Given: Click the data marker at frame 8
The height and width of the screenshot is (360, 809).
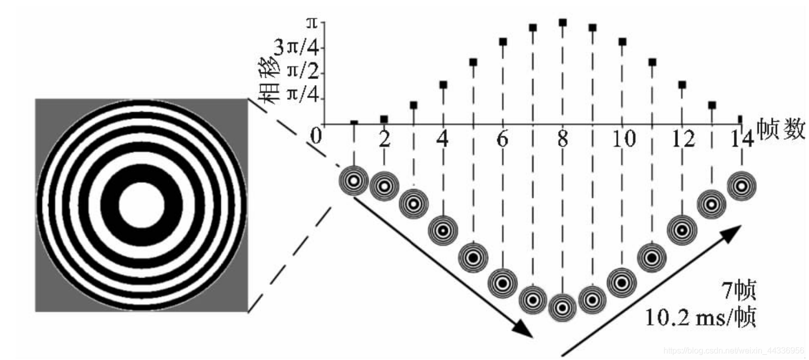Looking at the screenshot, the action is point(562,23).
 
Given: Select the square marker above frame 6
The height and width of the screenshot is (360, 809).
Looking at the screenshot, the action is point(503,42).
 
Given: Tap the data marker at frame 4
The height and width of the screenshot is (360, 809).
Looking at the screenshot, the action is point(443,85).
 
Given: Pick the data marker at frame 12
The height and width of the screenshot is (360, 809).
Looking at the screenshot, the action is point(682,85).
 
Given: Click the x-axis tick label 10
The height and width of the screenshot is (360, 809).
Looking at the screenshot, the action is point(624,139).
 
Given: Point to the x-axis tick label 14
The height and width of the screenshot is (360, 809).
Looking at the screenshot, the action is point(742,139).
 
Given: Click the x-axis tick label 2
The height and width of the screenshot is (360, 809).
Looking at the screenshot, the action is point(385,139).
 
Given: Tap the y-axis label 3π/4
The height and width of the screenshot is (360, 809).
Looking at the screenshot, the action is point(296,47).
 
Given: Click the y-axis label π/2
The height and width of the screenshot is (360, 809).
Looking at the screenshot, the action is point(304,71).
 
